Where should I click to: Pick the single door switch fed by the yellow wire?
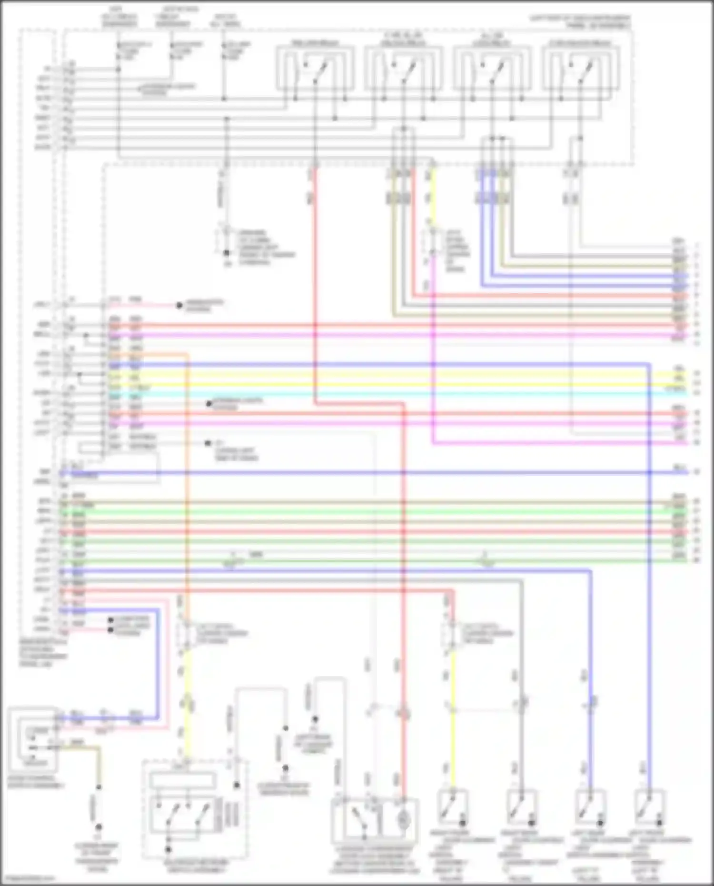452,807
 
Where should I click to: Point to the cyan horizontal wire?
381,395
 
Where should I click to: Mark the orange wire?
186,476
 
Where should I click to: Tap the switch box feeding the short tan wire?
32,739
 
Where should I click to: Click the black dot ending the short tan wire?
99,827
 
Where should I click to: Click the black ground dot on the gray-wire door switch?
531,822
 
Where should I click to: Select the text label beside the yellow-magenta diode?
456,250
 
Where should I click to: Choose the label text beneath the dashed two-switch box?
196,866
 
